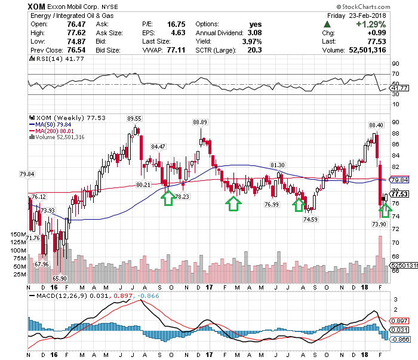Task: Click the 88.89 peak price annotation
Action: coord(200,122)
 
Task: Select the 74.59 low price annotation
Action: coord(310,219)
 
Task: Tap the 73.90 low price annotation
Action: coord(379,223)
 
